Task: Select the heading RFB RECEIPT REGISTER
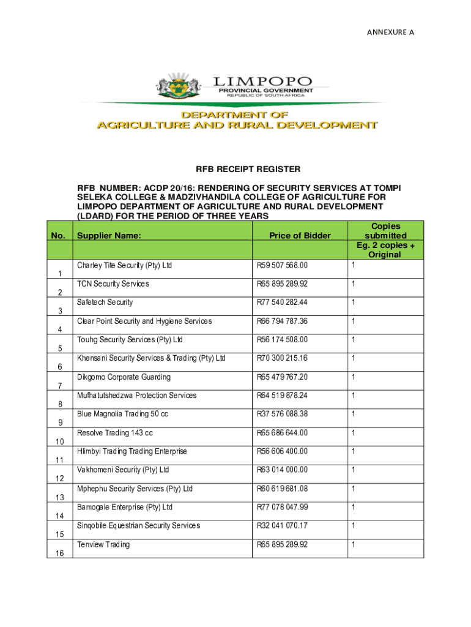(x=239, y=168)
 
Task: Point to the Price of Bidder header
(x=300, y=236)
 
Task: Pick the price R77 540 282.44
(x=282, y=302)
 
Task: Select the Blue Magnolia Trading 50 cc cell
(x=122, y=414)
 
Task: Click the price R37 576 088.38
(x=282, y=414)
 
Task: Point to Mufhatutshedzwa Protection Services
(x=137, y=396)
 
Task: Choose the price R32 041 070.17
(x=282, y=525)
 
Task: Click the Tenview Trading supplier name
(x=103, y=544)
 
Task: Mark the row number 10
(x=60, y=441)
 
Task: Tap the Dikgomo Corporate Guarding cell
(x=124, y=377)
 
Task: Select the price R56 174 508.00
(x=282, y=340)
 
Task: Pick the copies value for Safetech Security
(x=353, y=302)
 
